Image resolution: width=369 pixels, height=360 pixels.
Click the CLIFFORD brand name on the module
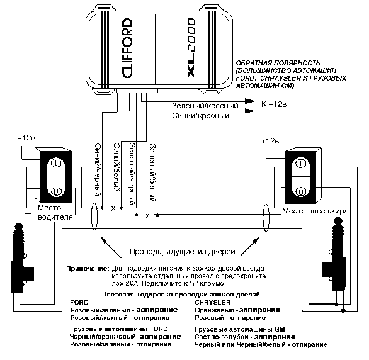click(x=128, y=48)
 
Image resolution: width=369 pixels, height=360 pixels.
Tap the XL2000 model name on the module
click(x=191, y=48)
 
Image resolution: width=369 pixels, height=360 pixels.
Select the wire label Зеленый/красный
click(x=205, y=106)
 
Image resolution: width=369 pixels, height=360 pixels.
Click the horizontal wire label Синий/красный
click(x=200, y=116)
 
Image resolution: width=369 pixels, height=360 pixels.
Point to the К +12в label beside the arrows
click(x=274, y=104)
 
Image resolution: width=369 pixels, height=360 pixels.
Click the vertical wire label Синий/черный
click(x=98, y=170)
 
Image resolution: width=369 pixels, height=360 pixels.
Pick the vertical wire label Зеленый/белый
click(x=153, y=173)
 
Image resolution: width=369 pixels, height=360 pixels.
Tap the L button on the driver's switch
click(x=56, y=163)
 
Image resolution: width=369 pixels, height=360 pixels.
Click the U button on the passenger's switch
click(x=300, y=191)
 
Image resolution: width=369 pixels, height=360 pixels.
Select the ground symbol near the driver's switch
click(x=28, y=210)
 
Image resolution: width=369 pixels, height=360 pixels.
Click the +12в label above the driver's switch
click(x=26, y=138)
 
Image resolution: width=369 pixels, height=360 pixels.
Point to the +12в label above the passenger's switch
click(x=270, y=142)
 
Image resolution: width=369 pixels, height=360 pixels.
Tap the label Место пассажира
click(x=315, y=211)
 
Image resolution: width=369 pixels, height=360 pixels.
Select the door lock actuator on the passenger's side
click(x=334, y=254)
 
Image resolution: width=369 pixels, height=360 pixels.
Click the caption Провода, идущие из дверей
click(x=183, y=252)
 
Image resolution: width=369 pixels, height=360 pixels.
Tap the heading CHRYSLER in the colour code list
click(x=213, y=302)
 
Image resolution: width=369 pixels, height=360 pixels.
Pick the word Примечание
click(x=88, y=269)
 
